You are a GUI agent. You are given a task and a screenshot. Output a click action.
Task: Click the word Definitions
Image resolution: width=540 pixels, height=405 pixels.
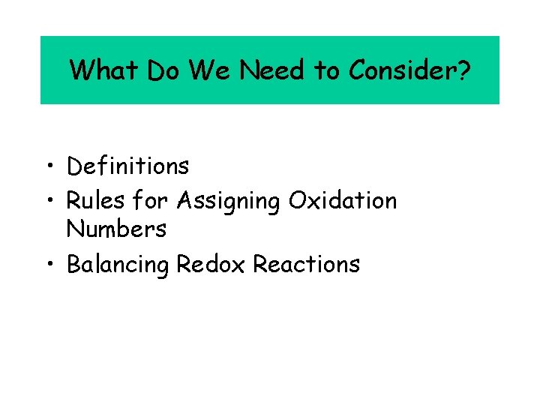point(127,166)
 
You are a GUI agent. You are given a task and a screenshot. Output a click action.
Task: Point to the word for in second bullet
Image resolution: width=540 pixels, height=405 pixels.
point(152,200)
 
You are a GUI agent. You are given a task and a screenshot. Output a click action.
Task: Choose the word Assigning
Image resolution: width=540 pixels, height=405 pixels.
point(229,202)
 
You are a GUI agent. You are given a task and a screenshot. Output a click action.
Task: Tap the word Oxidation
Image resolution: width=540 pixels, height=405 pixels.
point(343,200)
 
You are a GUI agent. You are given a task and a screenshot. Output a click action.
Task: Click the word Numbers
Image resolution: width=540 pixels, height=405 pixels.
point(116,229)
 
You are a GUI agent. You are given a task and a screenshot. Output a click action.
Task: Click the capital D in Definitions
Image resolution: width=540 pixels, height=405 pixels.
point(73,166)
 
